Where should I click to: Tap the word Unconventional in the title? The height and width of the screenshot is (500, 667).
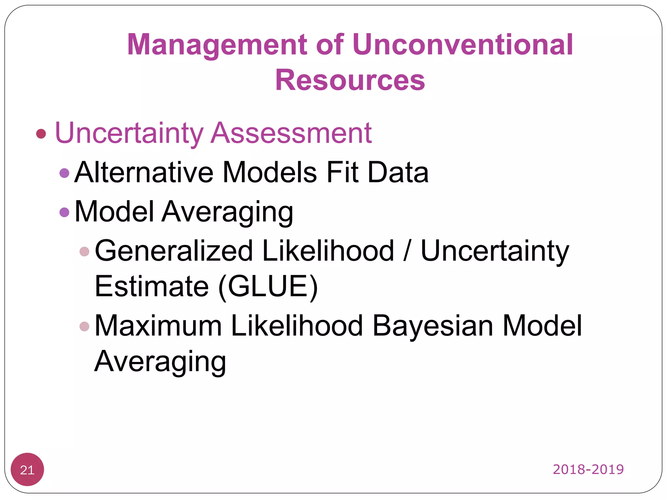tap(462, 44)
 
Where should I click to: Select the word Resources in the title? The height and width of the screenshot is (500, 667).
tap(350, 80)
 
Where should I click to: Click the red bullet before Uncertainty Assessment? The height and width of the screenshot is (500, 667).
tap(41, 133)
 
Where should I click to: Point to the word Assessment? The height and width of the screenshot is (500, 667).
tap(291, 133)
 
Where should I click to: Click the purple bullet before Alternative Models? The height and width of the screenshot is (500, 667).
tap(64, 173)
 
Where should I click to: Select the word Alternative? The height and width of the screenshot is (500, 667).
tap(144, 172)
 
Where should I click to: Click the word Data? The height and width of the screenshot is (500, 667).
tap(398, 172)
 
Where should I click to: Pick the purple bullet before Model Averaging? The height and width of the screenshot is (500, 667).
tap(64, 212)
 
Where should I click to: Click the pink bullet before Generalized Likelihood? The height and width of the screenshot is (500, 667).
tap(84, 251)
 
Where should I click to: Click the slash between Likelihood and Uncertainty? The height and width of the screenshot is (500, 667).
tap(407, 251)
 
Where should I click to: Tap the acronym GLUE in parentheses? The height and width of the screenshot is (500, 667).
tap(268, 286)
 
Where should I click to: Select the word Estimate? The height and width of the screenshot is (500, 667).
tap(151, 286)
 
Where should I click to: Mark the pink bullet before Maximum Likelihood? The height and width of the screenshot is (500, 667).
tap(84, 326)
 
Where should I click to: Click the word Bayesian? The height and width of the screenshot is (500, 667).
tap(433, 326)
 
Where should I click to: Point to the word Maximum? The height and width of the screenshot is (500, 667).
tap(158, 326)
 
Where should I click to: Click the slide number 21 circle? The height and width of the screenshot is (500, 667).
tap(27, 469)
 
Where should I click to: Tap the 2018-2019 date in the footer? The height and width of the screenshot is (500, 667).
tap(588, 469)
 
